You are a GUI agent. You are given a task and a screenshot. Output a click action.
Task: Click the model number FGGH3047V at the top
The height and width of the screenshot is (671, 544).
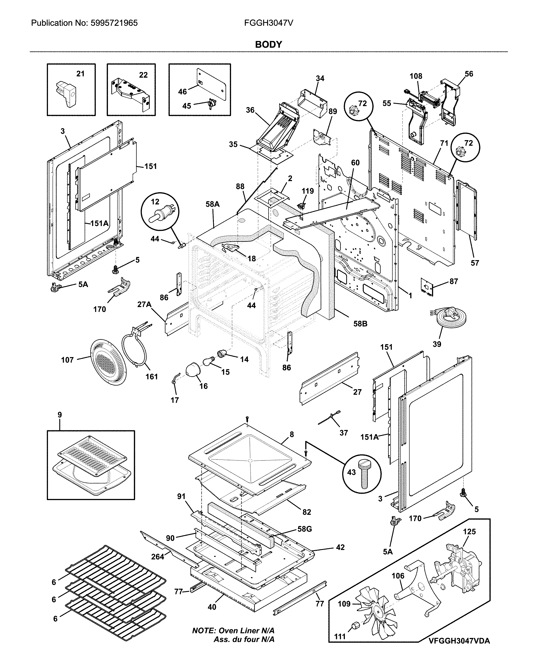point(269,23)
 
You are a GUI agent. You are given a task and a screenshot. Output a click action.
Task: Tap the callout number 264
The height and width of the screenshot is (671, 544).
point(158,557)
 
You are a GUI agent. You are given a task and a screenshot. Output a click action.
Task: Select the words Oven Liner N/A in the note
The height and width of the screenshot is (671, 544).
point(246,630)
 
